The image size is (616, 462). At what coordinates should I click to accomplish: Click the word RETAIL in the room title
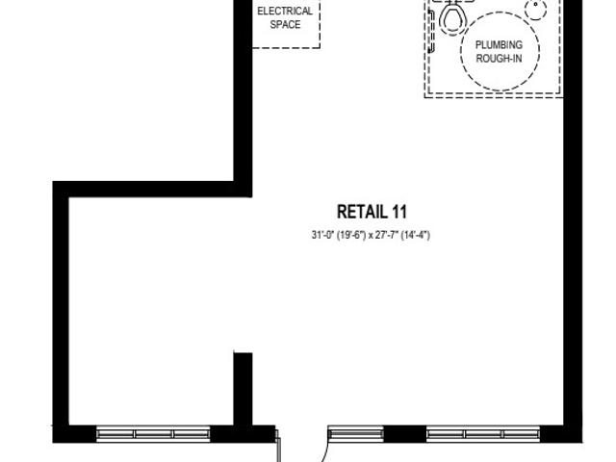tap(362, 212)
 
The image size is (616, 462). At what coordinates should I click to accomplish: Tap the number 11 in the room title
tap(399, 212)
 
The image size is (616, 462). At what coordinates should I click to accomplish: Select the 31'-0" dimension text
tap(322, 235)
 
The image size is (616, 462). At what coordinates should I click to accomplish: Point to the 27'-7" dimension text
tap(387, 235)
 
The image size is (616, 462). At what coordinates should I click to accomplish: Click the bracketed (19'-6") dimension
tap(351, 235)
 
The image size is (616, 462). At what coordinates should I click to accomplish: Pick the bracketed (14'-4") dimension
tap(415, 235)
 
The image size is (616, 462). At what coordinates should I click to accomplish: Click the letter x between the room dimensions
tap(370, 236)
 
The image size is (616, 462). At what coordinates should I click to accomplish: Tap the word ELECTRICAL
tap(285, 11)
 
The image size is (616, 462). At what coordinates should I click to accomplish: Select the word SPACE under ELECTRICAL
tap(285, 24)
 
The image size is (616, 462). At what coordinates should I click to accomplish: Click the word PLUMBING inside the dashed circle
tap(499, 45)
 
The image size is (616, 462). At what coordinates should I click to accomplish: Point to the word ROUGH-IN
tap(499, 59)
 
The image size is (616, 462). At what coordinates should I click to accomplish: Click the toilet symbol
tap(452, 15)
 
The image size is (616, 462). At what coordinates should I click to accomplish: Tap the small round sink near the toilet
tap(535, 9)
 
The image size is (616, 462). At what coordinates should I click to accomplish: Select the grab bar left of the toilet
tap(431, 32)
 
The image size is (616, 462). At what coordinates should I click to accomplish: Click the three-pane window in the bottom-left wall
tap(153, 434)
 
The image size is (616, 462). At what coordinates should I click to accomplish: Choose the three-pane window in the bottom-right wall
tap(483, 434)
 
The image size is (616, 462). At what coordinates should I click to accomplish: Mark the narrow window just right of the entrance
tap(356, 434)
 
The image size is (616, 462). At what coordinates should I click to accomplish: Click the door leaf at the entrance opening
tap(278, 447)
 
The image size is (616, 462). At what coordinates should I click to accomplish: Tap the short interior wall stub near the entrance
tap(243, 390)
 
